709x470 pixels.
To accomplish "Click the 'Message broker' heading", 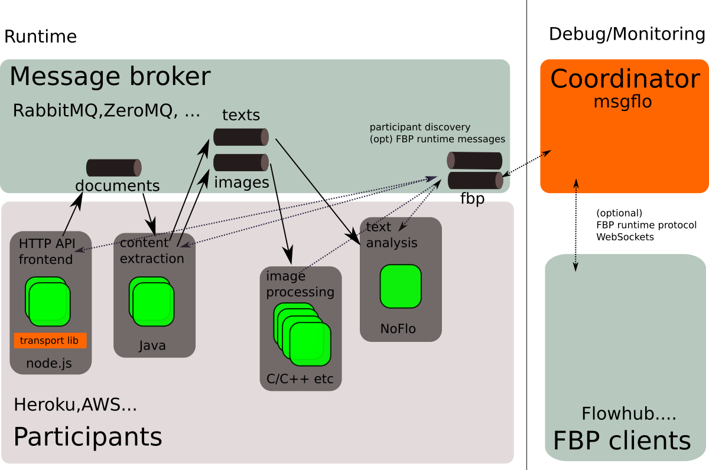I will click(110, 77).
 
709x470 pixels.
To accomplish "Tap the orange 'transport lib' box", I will click(50, 341).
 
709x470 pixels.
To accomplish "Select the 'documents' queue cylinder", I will click(114, 168).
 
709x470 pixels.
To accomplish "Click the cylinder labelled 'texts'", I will click(241, 137).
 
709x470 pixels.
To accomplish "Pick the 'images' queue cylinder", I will click(241, 162).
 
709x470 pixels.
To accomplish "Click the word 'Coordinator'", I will click(625, 79).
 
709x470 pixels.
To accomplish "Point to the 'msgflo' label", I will click(623, 102).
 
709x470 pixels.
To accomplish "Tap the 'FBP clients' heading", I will click(622, 440).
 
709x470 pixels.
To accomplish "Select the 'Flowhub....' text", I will click(629, 414).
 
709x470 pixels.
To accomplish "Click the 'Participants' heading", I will click(87, 437).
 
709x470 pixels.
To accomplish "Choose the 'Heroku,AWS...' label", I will click(76, 405).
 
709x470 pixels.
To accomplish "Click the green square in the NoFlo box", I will click(401, 286).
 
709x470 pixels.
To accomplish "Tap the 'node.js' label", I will click(49, 364).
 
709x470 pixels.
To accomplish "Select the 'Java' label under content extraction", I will click(152, 345).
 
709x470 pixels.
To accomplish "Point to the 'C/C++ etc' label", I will click(300, 379).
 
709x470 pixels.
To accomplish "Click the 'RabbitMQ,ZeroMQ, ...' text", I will click(106, 110).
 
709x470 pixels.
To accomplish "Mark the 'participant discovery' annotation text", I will click(420, 127).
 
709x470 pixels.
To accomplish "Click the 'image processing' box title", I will click(300, 284).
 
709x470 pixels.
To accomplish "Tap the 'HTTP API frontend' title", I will click(46, 252).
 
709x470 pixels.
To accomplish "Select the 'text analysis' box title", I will click(392, 235).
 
